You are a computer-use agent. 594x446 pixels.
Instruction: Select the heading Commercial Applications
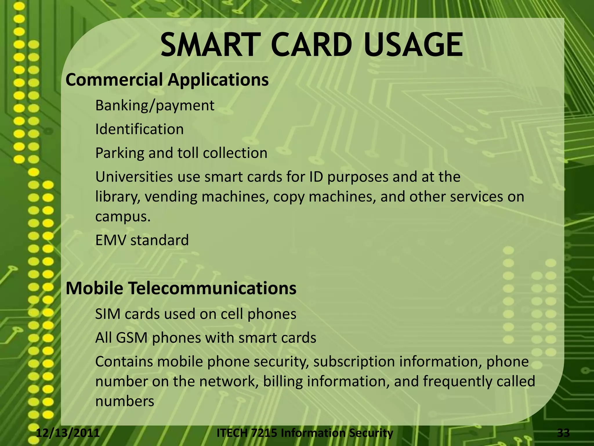click(x=167, y=80)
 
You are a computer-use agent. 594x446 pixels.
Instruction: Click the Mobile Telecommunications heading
click(x=181, y=288)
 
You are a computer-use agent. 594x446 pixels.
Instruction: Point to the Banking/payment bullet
click(x=155, y=106)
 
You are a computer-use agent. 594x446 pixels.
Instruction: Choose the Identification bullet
click(x=139, y=130)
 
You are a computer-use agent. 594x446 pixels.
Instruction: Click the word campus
click(x=122, y=217)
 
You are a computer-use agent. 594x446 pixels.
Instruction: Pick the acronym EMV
click(x=111, y=240)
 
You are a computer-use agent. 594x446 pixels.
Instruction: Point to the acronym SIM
click(x=107, y=314)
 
